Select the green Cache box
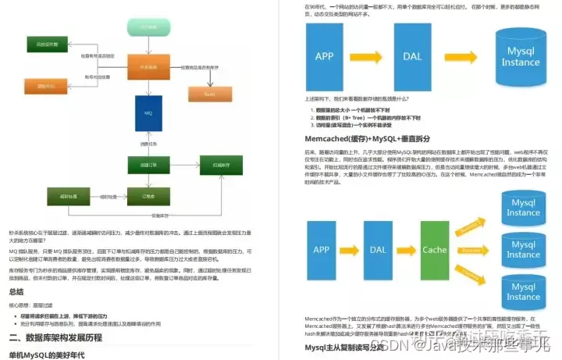click(434, 249)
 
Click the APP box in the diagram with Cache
click(322, 249)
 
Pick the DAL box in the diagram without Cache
click(412, 57)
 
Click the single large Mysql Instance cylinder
click(521, 57)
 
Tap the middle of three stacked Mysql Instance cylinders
click(523, 250)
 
